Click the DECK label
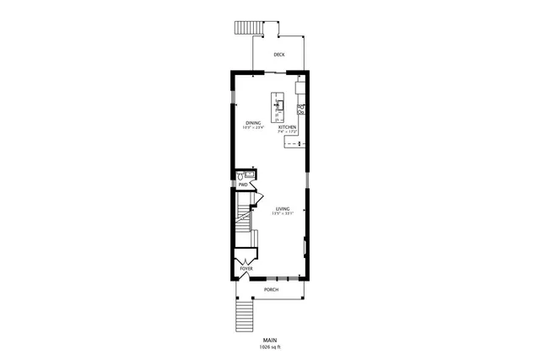[278, 55]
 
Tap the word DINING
[253, 123]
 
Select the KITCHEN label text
[288, 127]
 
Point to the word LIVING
[282, 208]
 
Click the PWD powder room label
[242, 184]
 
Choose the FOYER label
[246, 269]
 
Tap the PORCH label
[271, 289]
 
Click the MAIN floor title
[270, 340]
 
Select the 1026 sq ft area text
[270, 347]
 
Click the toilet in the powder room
[241, 175]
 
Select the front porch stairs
[244, 319]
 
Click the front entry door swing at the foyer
[246, 274]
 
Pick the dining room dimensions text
[254, 128]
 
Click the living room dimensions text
[282, 213]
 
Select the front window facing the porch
[283, 278]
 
